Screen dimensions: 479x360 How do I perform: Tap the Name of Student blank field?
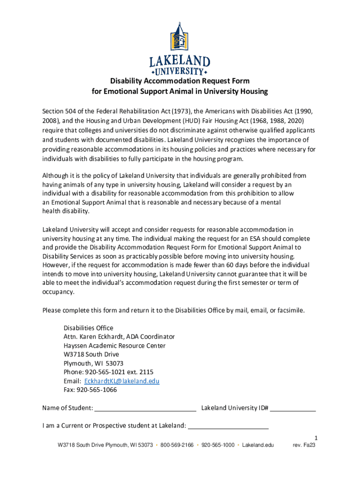145,408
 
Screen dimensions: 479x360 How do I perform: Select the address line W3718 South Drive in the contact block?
91,355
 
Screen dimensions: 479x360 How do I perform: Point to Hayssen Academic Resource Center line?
115,346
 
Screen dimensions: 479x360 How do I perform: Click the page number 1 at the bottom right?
316,438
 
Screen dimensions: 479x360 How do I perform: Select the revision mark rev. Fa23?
304,445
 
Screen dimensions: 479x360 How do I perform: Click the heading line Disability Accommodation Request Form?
180,81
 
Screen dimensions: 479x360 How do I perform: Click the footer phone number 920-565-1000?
218,445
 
